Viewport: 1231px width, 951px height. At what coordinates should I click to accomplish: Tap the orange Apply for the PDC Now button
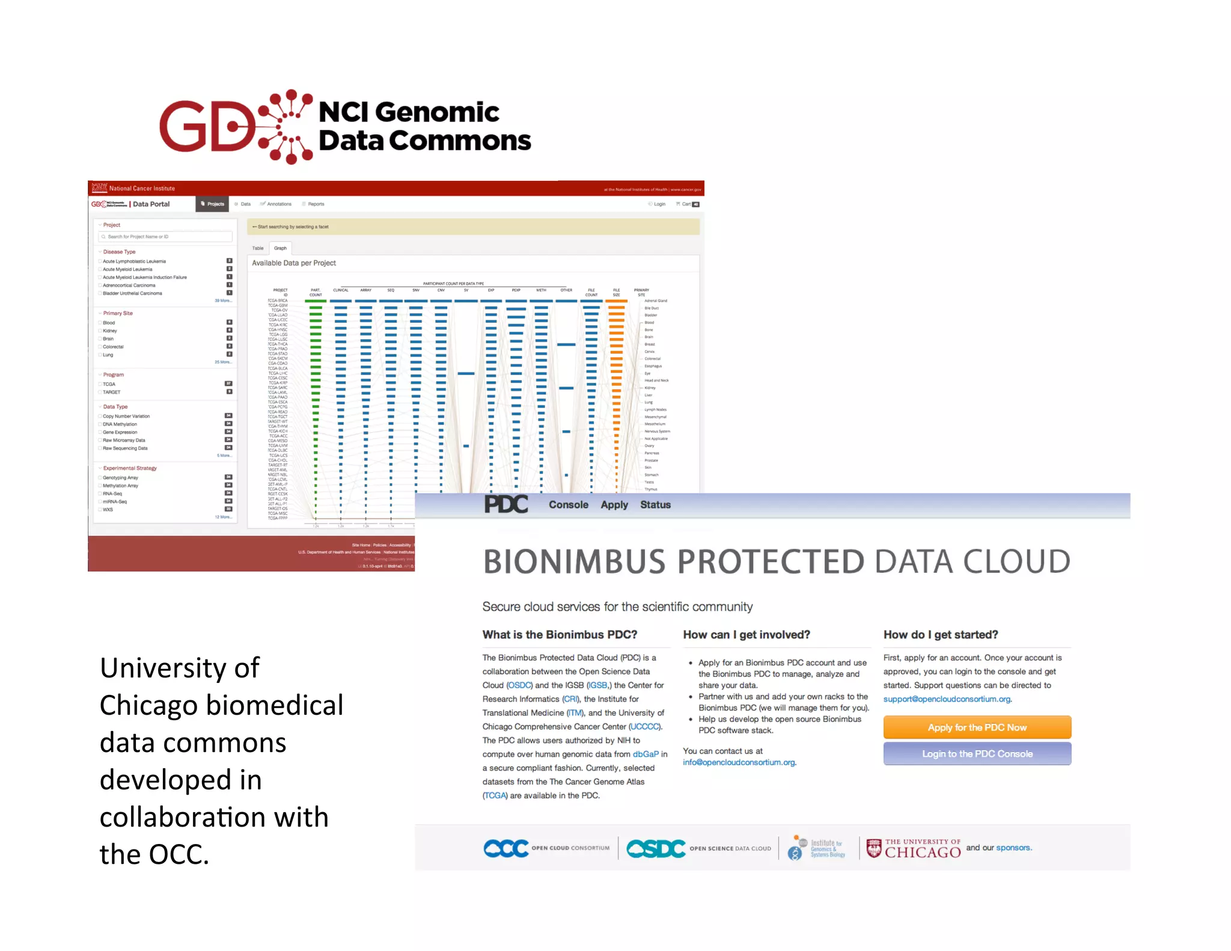977,727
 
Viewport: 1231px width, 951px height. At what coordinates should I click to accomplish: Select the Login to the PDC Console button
977,754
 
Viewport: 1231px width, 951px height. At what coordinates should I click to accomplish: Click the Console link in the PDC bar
568,505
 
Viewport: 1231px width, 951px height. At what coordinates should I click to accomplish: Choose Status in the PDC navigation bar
655,505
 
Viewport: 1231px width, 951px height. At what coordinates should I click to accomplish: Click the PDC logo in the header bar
506,504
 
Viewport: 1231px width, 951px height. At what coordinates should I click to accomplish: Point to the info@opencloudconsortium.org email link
739,762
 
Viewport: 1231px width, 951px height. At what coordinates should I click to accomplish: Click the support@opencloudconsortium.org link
947,699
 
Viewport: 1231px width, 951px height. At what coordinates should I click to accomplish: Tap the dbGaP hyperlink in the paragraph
646,754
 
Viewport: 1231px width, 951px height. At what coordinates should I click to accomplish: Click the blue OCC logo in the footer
506,848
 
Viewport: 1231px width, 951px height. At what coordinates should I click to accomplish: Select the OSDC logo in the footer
656,848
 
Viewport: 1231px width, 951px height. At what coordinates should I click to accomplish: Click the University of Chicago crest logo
874,848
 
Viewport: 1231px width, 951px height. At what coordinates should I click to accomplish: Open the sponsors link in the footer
1013,848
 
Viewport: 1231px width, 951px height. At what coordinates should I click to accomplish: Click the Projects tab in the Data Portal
213,204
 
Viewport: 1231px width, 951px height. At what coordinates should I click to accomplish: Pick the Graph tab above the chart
280,248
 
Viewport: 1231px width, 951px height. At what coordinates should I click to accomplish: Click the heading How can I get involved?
747,635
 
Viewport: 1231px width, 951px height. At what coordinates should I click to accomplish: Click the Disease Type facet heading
119,252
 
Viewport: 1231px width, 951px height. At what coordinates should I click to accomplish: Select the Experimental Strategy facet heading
130,468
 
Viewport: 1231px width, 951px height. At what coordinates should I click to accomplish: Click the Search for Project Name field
166,237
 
